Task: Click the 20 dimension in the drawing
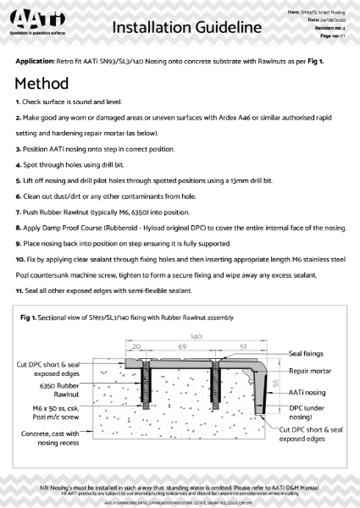(136, 346)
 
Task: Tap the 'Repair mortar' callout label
(312, 371)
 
